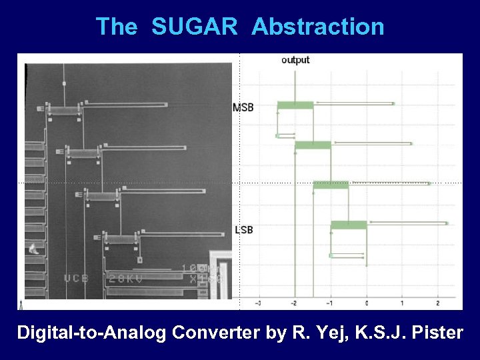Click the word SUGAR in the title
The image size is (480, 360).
click(x=194, y=27)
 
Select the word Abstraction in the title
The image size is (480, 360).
click(x=318, y=27)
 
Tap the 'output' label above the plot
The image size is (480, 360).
click(x=295, y=60)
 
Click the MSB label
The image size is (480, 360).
click(x=243, y=107)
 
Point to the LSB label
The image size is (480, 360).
click(x=243, y=230)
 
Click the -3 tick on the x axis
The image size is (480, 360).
click(x=259, y=303)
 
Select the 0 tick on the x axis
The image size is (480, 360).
click(x=366, y=303)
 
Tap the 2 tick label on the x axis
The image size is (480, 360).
click(x=437, y=303)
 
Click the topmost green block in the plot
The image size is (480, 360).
click(x=295, y=105)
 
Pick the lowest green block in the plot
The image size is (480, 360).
click(x=349, y=225)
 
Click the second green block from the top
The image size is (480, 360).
click(x=313, y=145)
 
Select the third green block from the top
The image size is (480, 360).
click(x=331, y=185)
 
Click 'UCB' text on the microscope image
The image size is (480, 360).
click(x=77, y=278)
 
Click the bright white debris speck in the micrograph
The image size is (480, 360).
click(x=32, y=250)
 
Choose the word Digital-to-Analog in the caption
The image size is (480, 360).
click(x=91, y=332)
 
